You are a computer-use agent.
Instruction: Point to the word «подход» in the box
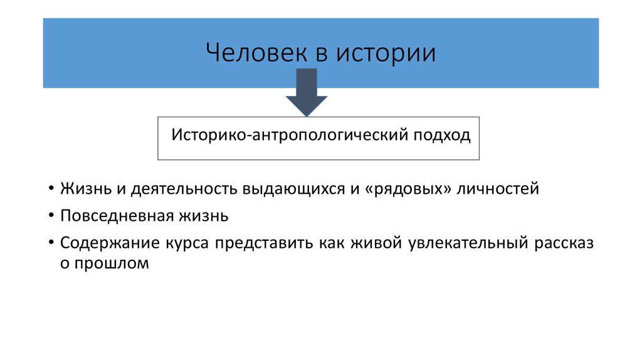[441, 135]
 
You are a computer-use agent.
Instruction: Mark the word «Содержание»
[110, 243]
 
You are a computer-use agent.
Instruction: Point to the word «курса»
[187, 243]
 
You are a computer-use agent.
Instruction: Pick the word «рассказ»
[564, 243]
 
